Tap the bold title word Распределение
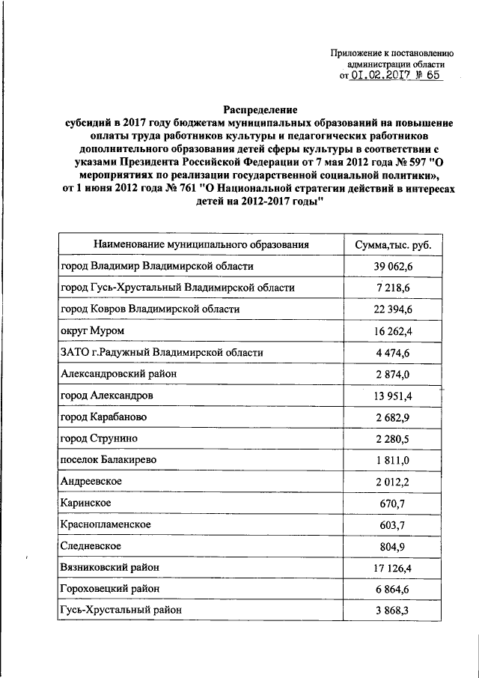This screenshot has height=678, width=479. point(260,109)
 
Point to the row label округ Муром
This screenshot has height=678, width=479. point(92,330)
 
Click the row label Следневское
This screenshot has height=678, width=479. point(91,546)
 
